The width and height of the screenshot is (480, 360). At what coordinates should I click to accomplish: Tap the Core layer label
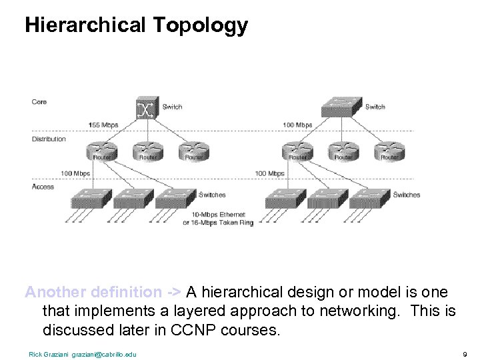coord(39,102)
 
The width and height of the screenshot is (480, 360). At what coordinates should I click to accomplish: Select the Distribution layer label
coord(49,139)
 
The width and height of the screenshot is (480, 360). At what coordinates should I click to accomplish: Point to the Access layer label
coord(43,187)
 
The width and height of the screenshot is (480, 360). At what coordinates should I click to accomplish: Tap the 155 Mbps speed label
coord(103,125)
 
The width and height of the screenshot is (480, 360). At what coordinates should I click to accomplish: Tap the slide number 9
coord(463,354)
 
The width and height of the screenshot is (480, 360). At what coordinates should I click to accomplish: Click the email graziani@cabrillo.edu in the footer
coord(103,354)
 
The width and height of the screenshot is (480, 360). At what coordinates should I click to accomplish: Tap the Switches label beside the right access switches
coord(407,195)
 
